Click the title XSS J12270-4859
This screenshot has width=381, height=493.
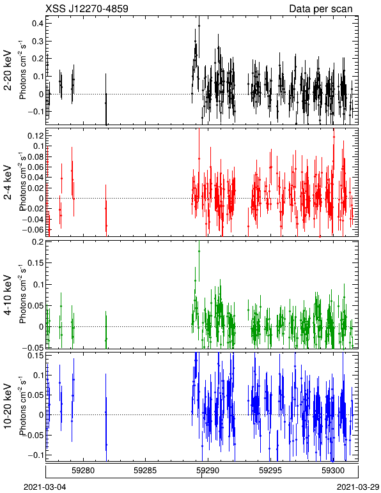[x=87, y=8]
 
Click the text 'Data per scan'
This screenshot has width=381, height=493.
[x=321, y=8]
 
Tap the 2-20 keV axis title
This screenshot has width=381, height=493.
[x=8, y=70]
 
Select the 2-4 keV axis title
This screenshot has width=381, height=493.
[x=8, y=183]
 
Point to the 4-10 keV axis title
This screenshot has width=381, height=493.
[x=8, y=294]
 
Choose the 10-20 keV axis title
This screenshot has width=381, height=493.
[x=8, y=406]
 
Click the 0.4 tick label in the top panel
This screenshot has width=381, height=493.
[x=37, y=24]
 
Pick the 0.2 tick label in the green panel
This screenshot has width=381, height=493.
[x=37, y=242]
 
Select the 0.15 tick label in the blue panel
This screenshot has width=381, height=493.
[x=36, y=356]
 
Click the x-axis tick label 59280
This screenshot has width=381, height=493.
[x=83, y=471]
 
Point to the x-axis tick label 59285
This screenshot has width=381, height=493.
[x=145, y=471]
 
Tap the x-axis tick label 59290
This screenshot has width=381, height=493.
[x=208, y=471]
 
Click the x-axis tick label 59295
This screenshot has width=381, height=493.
[x=270, y=471]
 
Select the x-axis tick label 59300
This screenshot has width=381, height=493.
[x=333, y=471]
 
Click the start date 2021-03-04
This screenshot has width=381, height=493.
[x=45, y=487]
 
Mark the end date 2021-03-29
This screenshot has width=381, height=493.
[x=358, y=487]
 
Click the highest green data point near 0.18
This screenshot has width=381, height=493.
[x=199, y=251]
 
